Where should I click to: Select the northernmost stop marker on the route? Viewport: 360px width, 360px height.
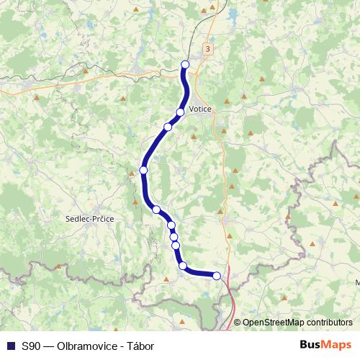coord(185,65)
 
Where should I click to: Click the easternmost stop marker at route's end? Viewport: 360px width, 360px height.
coord(217,275)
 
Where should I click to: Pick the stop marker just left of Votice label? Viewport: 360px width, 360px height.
coord(180,112)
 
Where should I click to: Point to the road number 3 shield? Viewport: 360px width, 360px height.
coord(208,48)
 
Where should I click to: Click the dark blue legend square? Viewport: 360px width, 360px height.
coord(10,346)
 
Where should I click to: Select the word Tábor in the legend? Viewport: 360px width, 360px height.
coord(140,346)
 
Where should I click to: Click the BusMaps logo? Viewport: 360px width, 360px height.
coord(325,345)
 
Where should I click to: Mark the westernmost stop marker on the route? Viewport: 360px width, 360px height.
coord(143,170)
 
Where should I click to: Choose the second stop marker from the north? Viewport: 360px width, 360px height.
coord(180,112)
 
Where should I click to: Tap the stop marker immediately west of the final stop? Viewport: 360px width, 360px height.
coord(183,265)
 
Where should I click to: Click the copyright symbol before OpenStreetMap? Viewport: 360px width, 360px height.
coord(238,323)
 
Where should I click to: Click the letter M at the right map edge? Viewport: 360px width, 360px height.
coord(357,282)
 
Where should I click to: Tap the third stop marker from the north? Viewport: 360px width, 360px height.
coord(168,127)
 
